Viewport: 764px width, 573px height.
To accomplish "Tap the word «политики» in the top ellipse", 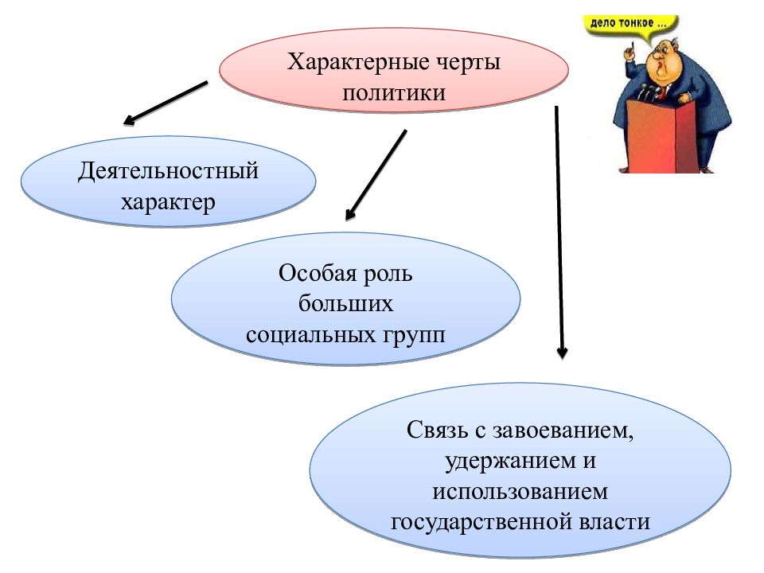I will [x=394, y=92].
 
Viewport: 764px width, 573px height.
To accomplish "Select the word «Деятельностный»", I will [x=169, y=171].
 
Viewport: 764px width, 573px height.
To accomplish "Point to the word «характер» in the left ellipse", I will [x=168, y=202].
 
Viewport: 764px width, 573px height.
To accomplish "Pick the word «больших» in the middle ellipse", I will [x=346, y=304].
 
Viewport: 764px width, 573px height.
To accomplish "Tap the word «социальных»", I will [x=307, y=334].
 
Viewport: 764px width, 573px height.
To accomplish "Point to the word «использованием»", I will [x=520, y=491].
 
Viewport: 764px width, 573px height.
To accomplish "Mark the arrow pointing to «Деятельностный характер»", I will [x=166, y=103].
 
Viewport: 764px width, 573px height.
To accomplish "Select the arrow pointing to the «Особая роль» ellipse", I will [x=376, y=174].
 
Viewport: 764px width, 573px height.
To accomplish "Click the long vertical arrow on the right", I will [x=559, y=231].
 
